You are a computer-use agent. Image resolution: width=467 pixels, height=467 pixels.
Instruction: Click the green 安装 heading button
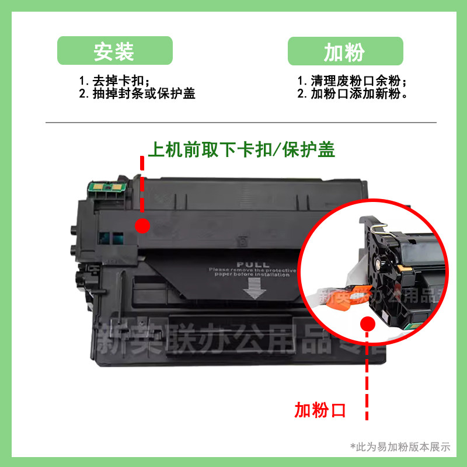tap(114, 51)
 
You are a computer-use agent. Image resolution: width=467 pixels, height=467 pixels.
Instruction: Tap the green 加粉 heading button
tap(345, 51)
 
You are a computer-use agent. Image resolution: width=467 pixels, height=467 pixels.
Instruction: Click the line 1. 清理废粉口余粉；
tap(352, 81)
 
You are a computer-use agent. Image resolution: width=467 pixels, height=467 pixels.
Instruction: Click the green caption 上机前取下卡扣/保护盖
tap(241, 149)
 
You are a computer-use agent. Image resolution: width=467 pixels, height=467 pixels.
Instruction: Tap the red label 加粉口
tap(320, 410)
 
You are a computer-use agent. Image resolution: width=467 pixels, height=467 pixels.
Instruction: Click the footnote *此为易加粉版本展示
tap(400, 447)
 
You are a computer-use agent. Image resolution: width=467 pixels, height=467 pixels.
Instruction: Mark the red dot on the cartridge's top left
tap(142, 225)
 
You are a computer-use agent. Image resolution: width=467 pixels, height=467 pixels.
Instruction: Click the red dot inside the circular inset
tap(367, 324)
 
